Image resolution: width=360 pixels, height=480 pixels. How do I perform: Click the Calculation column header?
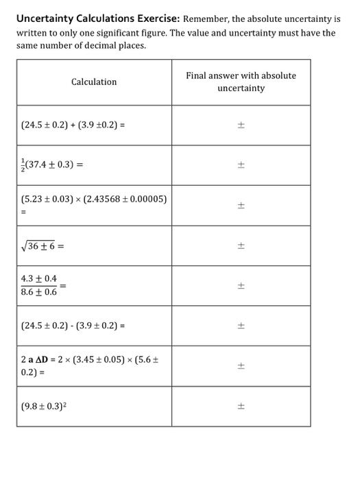point(94,82)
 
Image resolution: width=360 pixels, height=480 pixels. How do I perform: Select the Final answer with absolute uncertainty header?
point(241,82)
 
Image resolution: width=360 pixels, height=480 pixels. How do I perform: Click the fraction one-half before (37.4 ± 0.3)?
point(25,165)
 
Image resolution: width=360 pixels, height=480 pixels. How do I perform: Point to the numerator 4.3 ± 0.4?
point(39,279)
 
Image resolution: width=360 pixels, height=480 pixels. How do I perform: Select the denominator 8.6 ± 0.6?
point(39,291)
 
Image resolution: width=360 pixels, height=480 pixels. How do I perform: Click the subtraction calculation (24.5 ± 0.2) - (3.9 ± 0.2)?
point(71,325)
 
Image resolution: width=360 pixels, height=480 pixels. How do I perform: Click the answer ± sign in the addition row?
point(241,125)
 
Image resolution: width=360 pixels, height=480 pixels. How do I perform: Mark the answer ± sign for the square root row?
point(241,245)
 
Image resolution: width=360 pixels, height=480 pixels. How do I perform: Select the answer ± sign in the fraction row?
point(241,285)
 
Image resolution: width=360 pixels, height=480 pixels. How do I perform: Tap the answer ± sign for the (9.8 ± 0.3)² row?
point(241,406)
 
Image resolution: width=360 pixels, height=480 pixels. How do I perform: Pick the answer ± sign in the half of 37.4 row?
point(241,165)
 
